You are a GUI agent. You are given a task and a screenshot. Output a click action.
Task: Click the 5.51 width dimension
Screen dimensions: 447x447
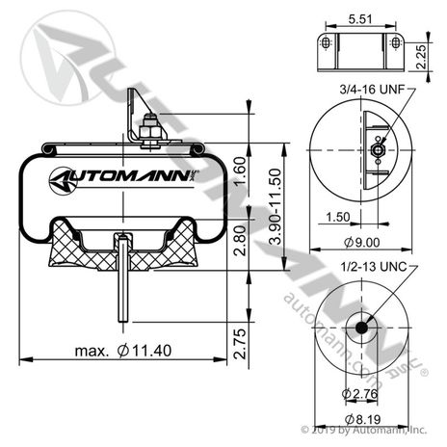pos(358,17)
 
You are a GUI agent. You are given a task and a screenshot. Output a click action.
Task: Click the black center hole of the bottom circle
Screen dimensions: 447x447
pos(361,328)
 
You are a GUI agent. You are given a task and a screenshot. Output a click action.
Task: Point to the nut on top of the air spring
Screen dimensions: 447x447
pos(148,128)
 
